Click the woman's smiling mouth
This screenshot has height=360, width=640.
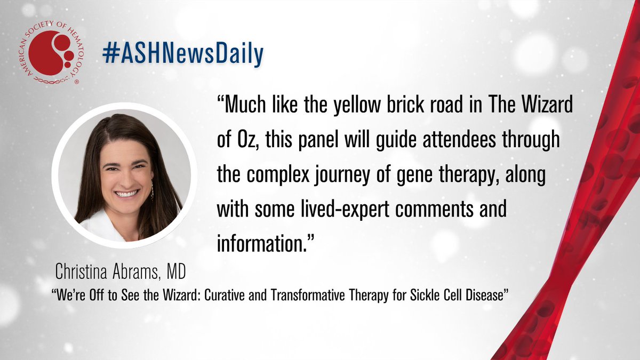point(127,193)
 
